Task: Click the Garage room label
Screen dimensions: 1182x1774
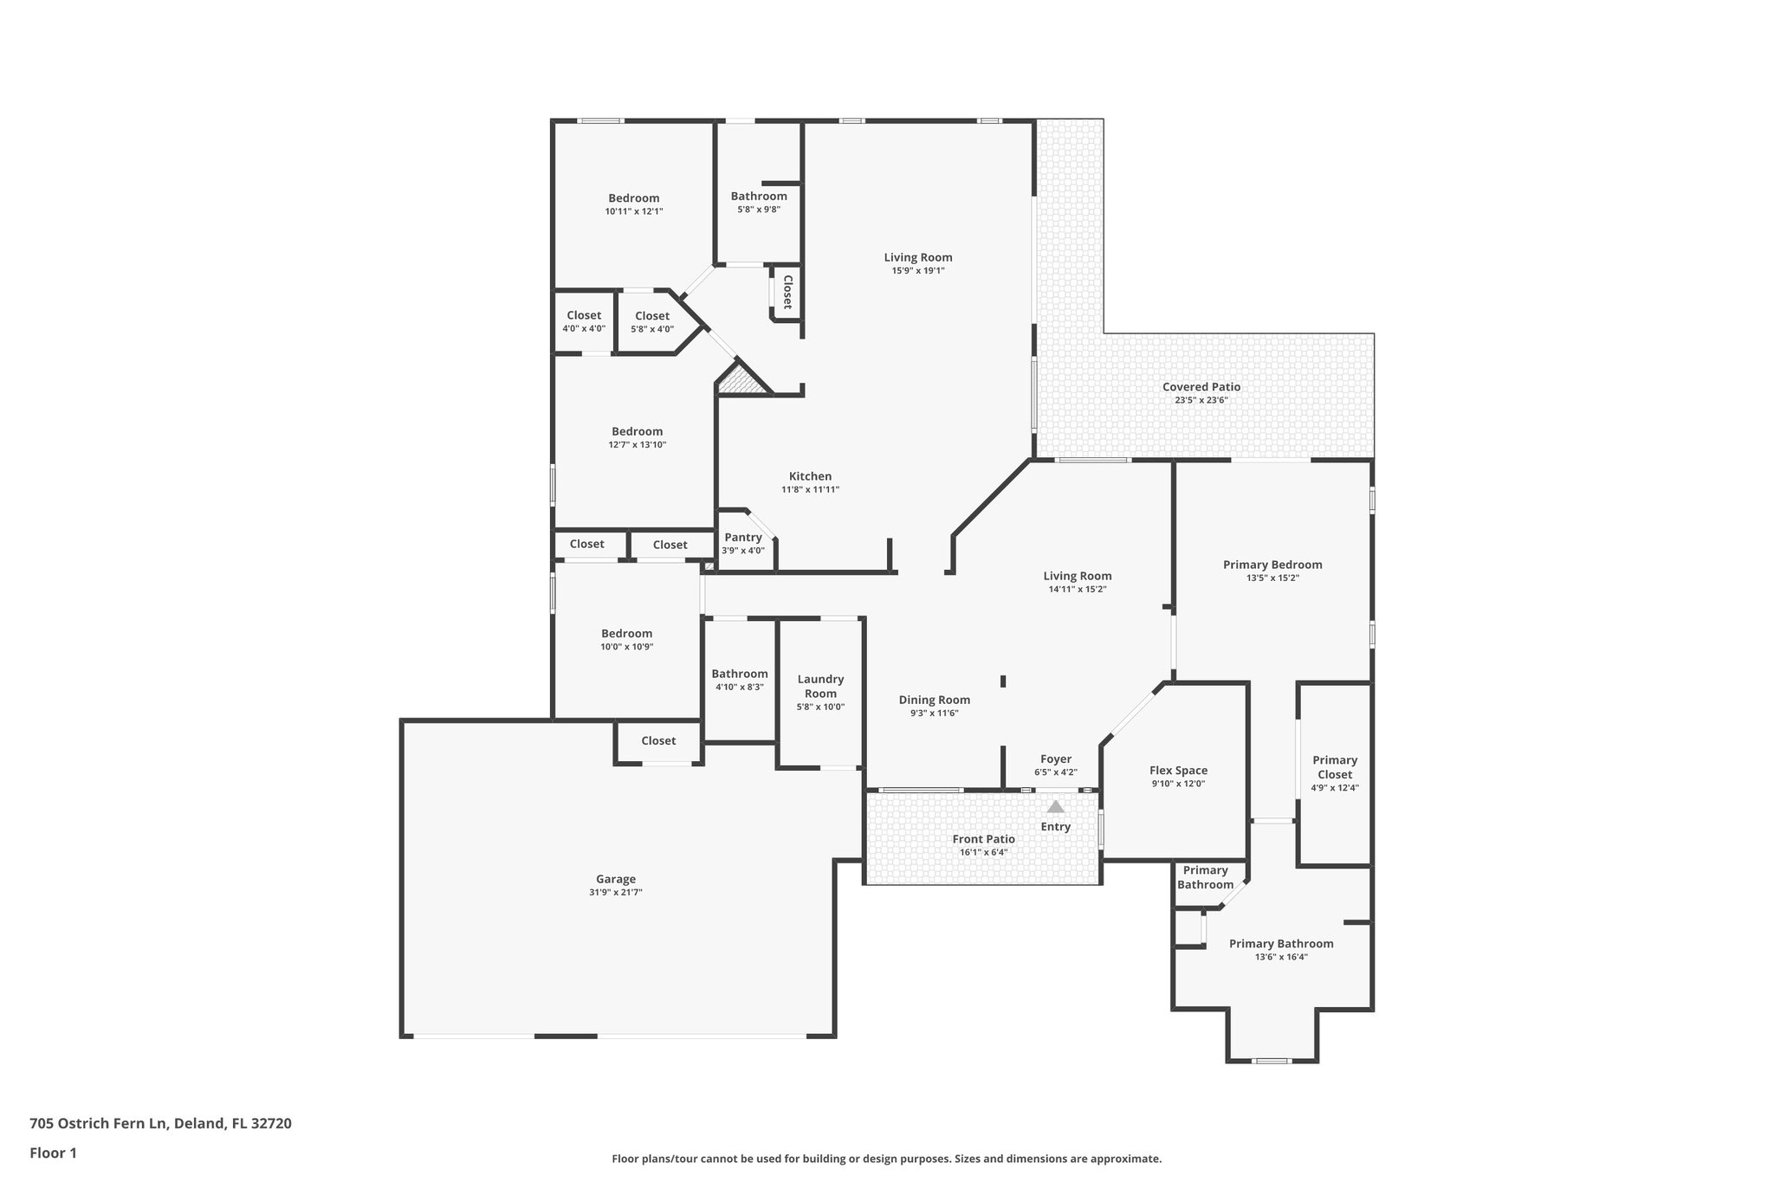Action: tap(615, 879)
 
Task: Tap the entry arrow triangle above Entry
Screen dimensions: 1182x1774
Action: tap(1055, 806)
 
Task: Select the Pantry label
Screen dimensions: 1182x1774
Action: tap(742, 538)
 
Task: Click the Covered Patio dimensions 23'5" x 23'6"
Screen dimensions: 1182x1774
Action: tap(1201, 400)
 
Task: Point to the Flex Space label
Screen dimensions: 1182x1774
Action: tap(1178, 771)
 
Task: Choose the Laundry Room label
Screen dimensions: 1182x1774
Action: tap(820, 686)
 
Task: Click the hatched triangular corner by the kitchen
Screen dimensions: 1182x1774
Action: tap(741, 381)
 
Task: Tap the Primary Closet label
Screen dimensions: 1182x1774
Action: tap(1334, 767)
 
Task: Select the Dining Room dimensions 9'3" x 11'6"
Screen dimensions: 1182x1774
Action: tap(934, 714)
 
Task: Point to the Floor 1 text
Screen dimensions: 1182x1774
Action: tap(54, 1153)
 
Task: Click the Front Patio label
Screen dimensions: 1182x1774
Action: tap(983, 839)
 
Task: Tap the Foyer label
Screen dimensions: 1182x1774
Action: tap(1056, 759)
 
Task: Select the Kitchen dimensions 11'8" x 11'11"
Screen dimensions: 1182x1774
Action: tap(810, 489)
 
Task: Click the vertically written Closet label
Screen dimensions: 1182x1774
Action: tap(787, 292)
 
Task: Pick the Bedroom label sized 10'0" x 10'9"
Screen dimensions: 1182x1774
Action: tap(626, 634)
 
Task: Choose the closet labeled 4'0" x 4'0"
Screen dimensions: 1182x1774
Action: tap(584, 316)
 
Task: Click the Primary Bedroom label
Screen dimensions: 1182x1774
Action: tap(1272, 565)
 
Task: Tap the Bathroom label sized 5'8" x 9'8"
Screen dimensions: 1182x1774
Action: tap(759, 197)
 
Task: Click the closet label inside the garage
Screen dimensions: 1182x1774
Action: tap(658, 740)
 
